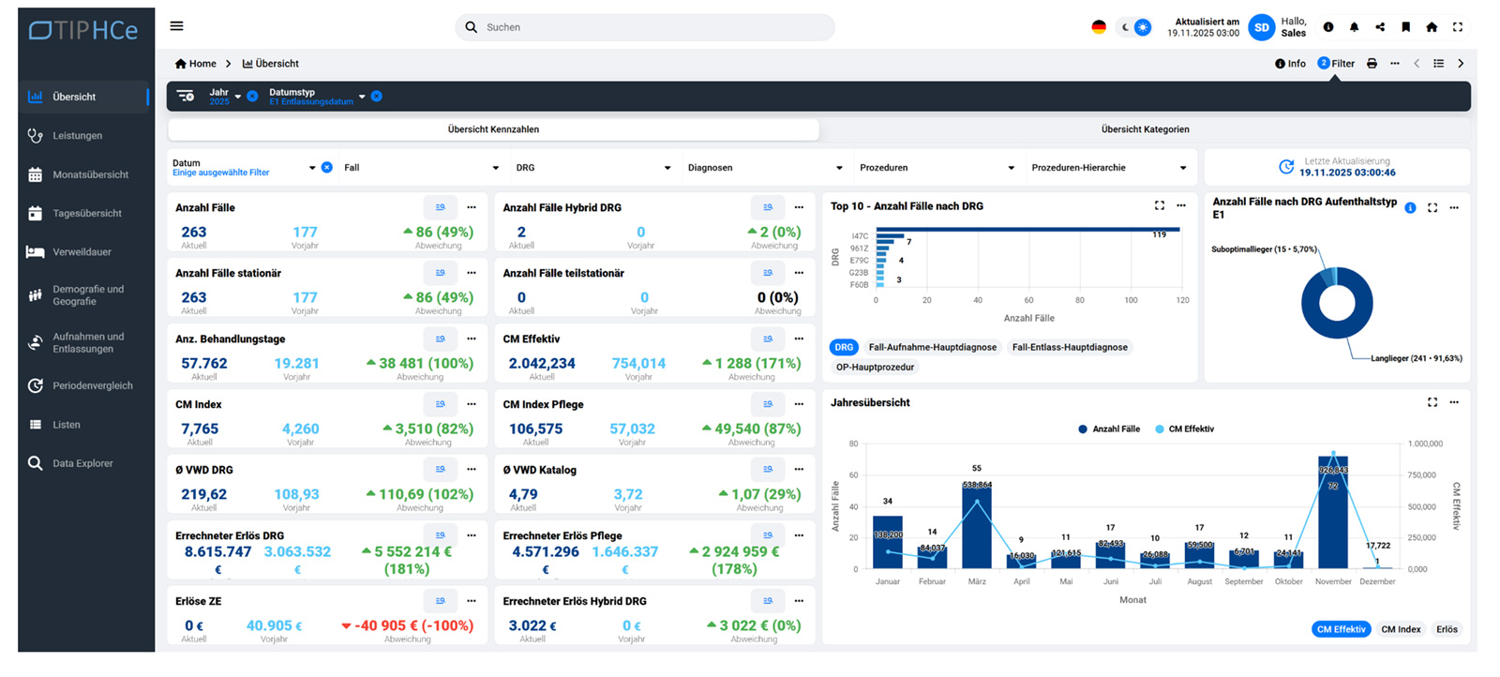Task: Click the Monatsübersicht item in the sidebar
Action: (90, 174)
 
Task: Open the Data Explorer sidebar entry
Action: (82, 463)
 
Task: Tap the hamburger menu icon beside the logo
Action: (176, 26)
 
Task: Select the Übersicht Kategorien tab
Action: (1145, 129)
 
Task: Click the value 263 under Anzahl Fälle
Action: (194, 232)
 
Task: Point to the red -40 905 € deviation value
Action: (407, 625)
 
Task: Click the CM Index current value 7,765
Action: (200, 429)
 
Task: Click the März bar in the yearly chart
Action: (976, 525)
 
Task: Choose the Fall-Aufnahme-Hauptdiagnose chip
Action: (932, 347)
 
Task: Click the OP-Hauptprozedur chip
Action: (874, 367)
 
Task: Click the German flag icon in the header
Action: (1099, 27)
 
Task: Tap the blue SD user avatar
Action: (1262, 27)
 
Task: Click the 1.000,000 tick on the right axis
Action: (1425, 444)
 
